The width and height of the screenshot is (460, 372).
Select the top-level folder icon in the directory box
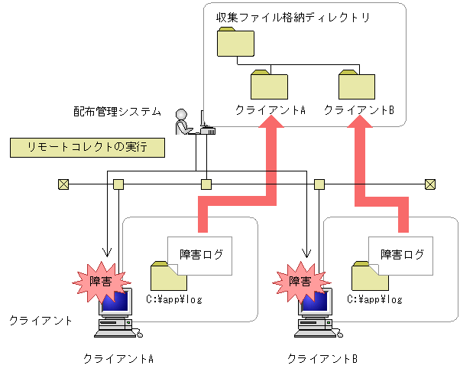tap(234, 43)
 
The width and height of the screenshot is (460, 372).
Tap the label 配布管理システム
tap(112, 112)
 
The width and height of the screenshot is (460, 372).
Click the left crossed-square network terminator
tap(63, 184)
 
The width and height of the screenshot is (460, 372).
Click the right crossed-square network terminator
tap(430, 184)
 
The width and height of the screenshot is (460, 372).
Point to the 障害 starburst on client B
tap(299, 281)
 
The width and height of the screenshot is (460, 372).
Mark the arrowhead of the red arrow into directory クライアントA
tap(270, 132)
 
